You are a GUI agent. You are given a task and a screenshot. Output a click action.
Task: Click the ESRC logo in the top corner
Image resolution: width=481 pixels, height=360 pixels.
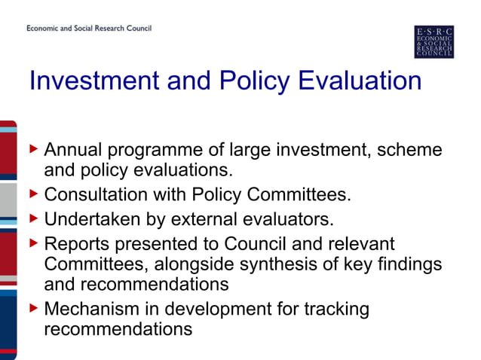coord(434,41)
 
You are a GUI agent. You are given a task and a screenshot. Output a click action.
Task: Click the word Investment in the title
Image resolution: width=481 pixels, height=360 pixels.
coord(94,81)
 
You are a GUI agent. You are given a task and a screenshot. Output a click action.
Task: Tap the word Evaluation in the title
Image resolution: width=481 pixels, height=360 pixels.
coord(360,81)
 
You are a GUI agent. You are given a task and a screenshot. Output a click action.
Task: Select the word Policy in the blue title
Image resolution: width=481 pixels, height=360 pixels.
coord(254,82)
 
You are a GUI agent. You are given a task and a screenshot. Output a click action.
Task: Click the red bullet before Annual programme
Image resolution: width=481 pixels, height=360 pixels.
coord(34,149)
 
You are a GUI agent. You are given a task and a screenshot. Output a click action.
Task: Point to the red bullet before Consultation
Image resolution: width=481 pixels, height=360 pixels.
coord(34,194)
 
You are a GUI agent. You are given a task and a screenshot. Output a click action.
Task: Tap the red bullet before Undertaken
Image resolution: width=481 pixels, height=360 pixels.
coord(34,218)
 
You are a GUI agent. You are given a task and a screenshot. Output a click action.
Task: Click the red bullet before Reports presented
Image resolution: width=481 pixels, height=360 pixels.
coord(34,243)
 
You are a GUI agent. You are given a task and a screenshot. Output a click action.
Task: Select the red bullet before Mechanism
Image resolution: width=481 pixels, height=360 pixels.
coord(34,308)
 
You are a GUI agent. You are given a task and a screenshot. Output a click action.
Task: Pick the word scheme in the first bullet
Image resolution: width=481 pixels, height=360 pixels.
coord(409,150)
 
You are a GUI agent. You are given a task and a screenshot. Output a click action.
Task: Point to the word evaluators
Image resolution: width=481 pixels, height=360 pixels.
coord(288,219)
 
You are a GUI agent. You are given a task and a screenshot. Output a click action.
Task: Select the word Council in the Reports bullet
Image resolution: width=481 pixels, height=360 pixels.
coord(255,244)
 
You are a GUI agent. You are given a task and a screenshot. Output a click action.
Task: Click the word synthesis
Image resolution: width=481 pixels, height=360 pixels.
coord(278,265)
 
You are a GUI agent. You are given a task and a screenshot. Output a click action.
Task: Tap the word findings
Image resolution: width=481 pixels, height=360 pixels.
coord(409,265)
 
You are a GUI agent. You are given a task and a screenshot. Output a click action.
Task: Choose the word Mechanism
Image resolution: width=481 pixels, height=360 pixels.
coord(92,309)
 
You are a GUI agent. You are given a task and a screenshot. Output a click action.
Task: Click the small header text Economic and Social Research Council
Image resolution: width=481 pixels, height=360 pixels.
coord(89,28)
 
